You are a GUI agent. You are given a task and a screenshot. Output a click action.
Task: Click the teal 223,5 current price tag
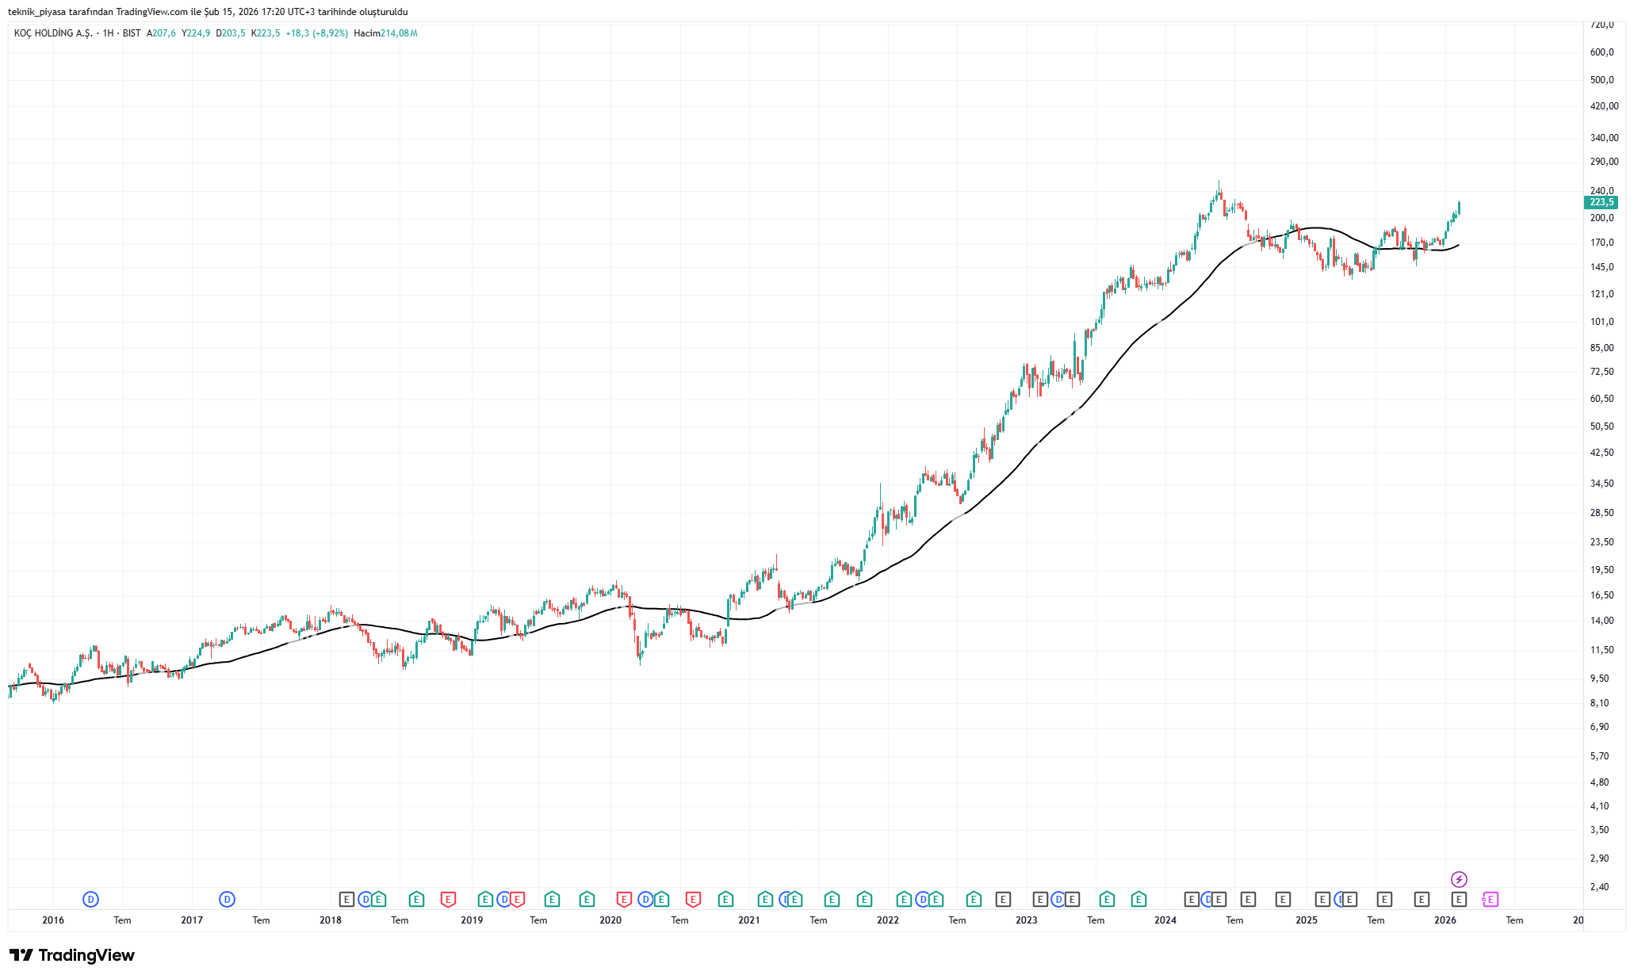click(1601, 202)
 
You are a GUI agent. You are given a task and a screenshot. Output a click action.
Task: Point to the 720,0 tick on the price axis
click(1602, 25)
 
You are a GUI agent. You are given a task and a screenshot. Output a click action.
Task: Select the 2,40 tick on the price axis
click(1600, 887)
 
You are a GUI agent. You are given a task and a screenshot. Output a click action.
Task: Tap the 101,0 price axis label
click(1602, 322)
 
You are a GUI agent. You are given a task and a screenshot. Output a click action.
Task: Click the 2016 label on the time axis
click(53, 920)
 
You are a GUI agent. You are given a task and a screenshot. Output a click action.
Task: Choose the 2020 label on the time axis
click(610, 920)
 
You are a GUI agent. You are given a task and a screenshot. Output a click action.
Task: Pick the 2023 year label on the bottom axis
click(1027, 920)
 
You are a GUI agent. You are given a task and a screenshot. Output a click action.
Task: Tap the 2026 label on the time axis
click(1445, 920)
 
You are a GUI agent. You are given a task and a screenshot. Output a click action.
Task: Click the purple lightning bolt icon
click(1459, 879)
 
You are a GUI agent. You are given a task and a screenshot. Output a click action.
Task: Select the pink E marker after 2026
click(1490, 899)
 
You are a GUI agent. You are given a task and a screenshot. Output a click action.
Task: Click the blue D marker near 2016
click(91, 899)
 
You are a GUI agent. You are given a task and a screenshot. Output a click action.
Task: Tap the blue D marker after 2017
click(228, 899)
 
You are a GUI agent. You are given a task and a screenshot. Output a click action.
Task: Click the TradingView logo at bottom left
click(72, 955)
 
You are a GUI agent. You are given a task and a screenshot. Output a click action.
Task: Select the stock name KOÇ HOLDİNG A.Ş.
click(53, 33)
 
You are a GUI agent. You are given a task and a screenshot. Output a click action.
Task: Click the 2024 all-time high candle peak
click(1219, 181)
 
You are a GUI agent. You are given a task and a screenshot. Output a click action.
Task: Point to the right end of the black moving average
click(1459, 244)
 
